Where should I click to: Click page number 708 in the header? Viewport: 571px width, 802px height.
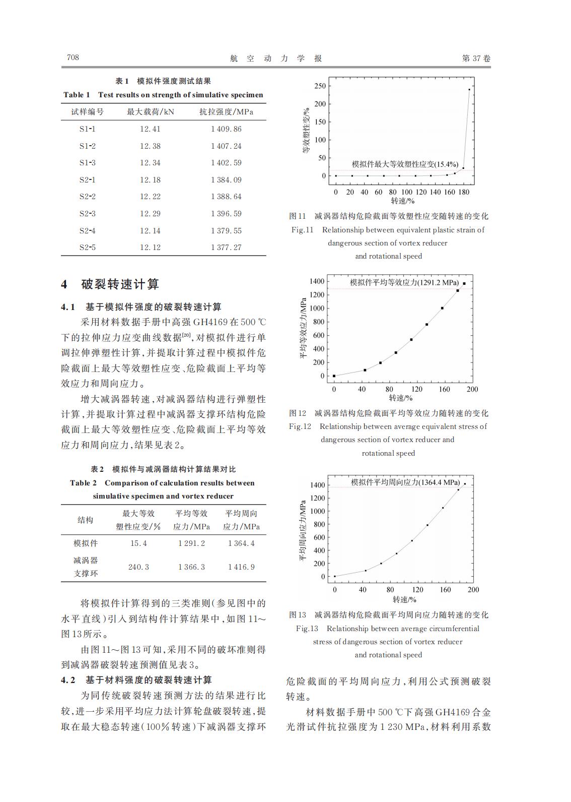73,57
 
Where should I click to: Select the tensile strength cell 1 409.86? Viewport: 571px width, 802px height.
226,129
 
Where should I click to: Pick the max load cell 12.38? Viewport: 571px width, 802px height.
150,146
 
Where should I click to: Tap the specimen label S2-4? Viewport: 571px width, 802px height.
87,231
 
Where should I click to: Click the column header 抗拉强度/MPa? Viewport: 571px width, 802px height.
226,112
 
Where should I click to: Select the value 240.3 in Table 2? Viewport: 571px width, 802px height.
138,567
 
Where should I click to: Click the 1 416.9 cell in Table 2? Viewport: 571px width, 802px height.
241,567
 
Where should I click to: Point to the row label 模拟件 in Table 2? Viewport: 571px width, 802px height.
86,543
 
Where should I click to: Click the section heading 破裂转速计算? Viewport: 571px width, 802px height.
120,284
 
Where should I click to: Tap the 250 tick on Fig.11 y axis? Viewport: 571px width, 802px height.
320,86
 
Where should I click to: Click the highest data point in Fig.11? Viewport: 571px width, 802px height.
469,90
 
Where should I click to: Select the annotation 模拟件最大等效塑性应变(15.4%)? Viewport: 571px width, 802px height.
405,164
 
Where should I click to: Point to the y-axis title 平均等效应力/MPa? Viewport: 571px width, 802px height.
303,328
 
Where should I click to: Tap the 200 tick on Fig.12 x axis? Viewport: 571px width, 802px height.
472,389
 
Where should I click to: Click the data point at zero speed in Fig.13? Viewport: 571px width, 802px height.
335,576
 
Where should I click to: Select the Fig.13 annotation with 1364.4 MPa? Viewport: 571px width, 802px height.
405,482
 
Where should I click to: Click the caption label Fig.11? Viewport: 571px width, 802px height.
302,230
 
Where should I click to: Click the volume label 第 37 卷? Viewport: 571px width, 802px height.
476,58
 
